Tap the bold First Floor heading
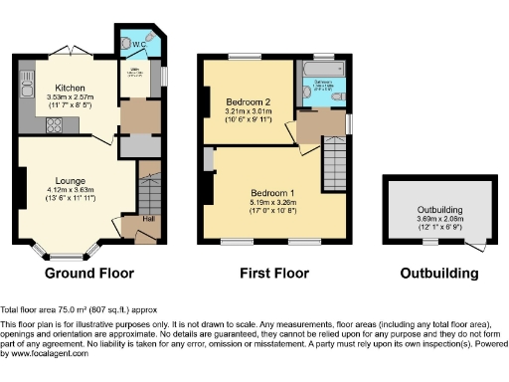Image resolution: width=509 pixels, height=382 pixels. [274, 273]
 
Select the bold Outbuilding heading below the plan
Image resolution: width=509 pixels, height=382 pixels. [438, 273]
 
